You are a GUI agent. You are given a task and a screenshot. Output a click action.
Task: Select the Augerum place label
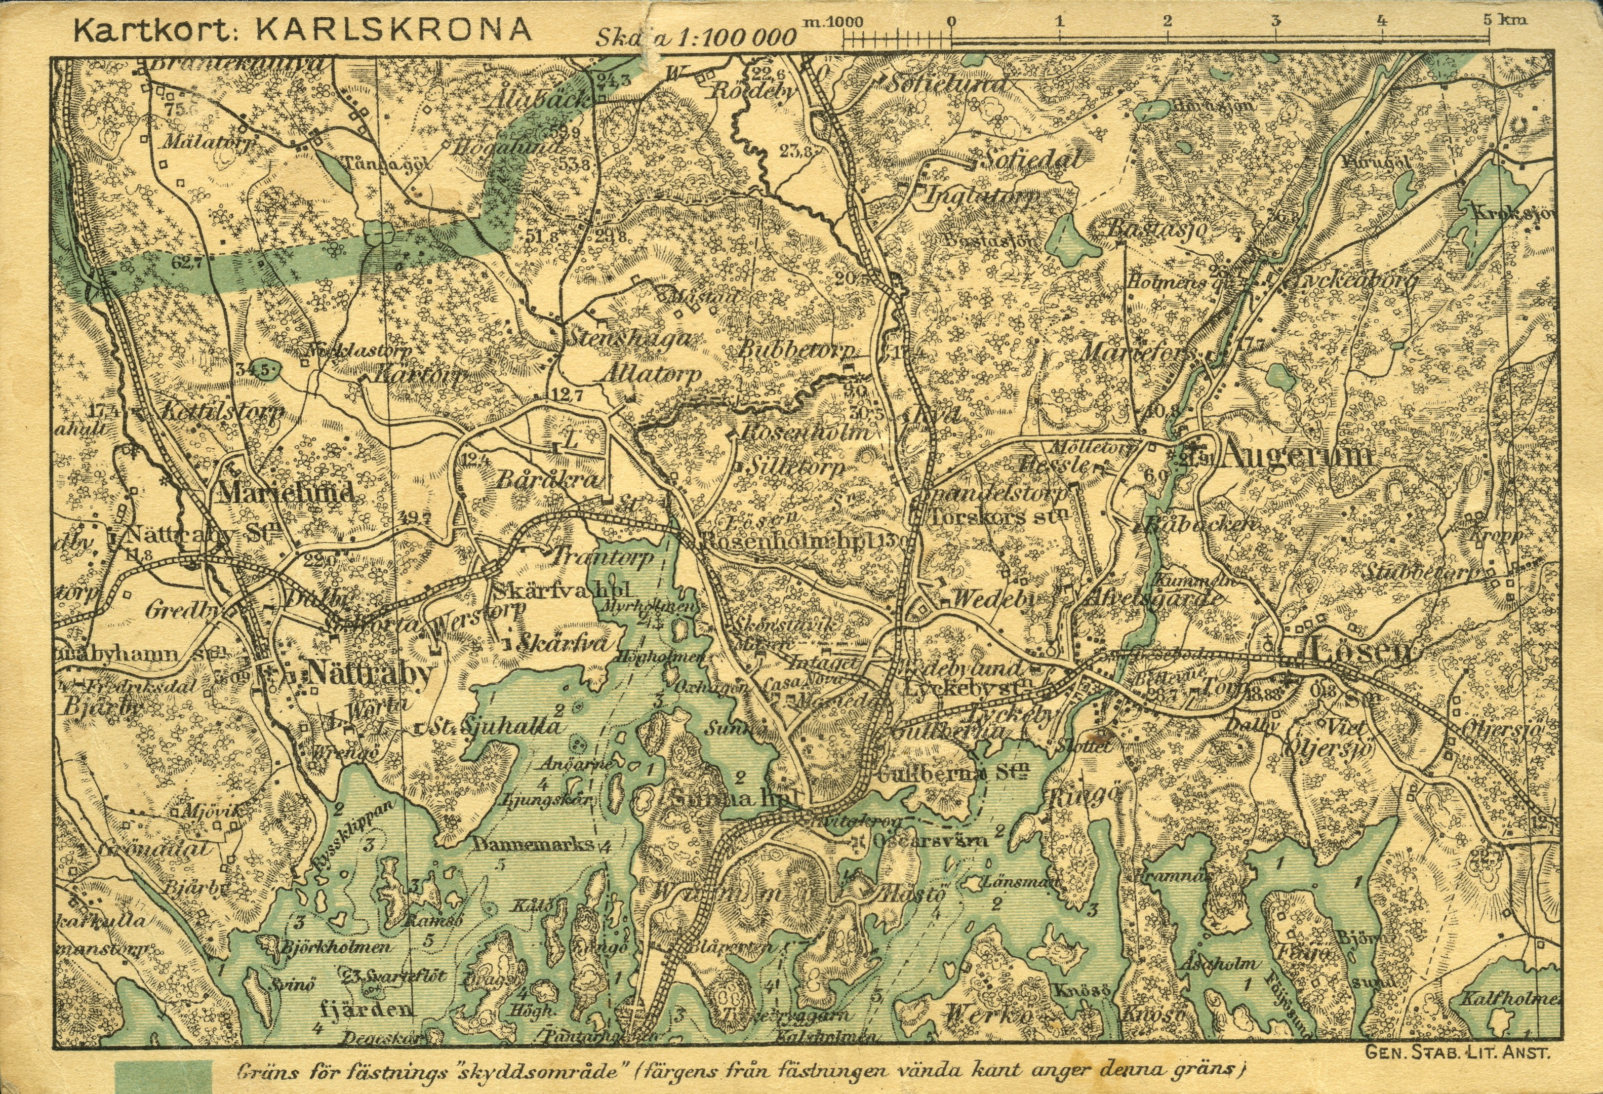pyautogui.click(x=1297, y=456)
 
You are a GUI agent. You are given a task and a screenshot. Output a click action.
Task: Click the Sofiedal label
pyautogui.click(x=1031, y=160)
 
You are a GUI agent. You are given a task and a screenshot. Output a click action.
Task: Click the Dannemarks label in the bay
pyautogui.click(x=534, y=845)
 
